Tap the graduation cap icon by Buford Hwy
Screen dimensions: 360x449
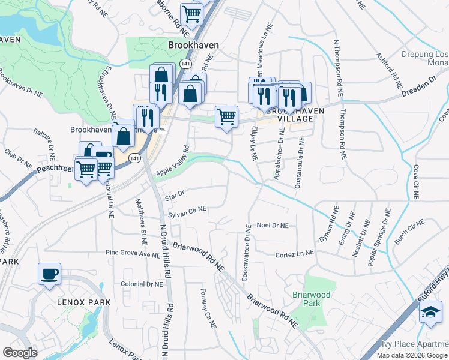coord(430,313)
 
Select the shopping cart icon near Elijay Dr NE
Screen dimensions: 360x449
coord(226,116)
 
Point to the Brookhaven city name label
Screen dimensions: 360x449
coord(193,45)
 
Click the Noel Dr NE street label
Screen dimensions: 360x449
coord(273,226)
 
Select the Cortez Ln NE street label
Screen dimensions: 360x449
coord(295,254)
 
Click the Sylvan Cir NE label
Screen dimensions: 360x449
coord(187,209)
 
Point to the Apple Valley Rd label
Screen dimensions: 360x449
coord(173,163)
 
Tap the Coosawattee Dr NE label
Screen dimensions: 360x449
coord(246,252)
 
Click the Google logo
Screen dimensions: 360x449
coord(20,353)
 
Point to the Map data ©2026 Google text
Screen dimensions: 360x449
coord(412,355)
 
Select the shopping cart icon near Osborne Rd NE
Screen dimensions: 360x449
coord(191,13)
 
